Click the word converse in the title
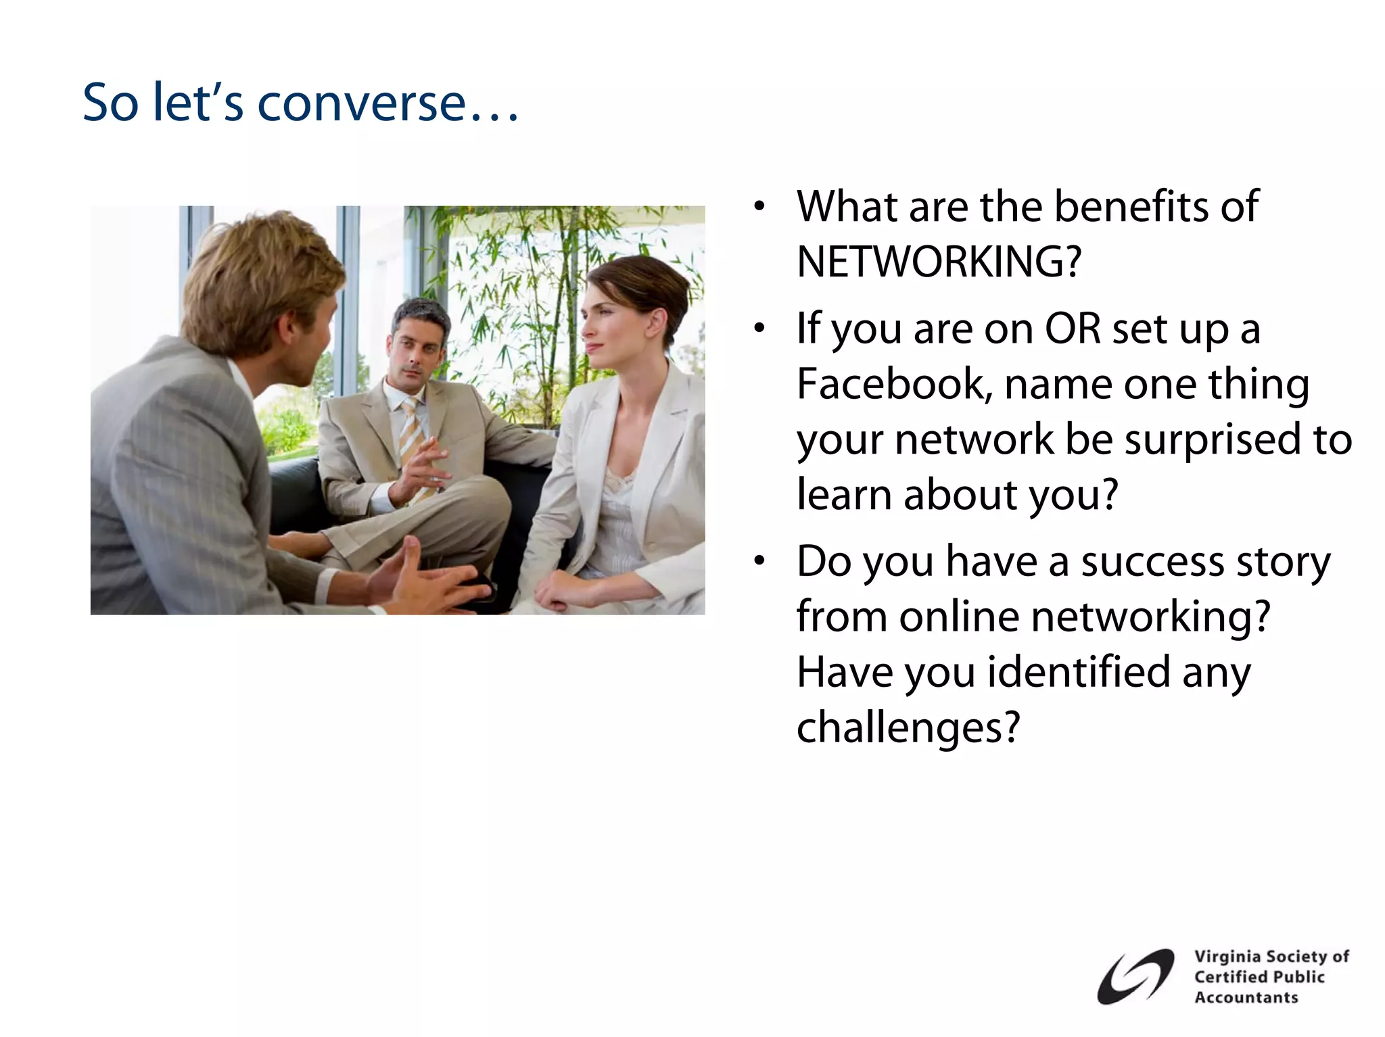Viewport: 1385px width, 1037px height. pos(361,104)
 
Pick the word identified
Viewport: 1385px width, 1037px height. pos(1078,673)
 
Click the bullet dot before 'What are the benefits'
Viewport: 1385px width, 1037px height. pos(759,206)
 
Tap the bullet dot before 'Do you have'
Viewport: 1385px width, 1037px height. pos(759,561)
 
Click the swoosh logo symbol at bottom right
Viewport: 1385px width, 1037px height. pos(1135,977)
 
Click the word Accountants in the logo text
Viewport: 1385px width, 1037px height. pos(1246,998)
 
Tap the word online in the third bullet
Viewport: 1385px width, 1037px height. pos(959,617)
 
